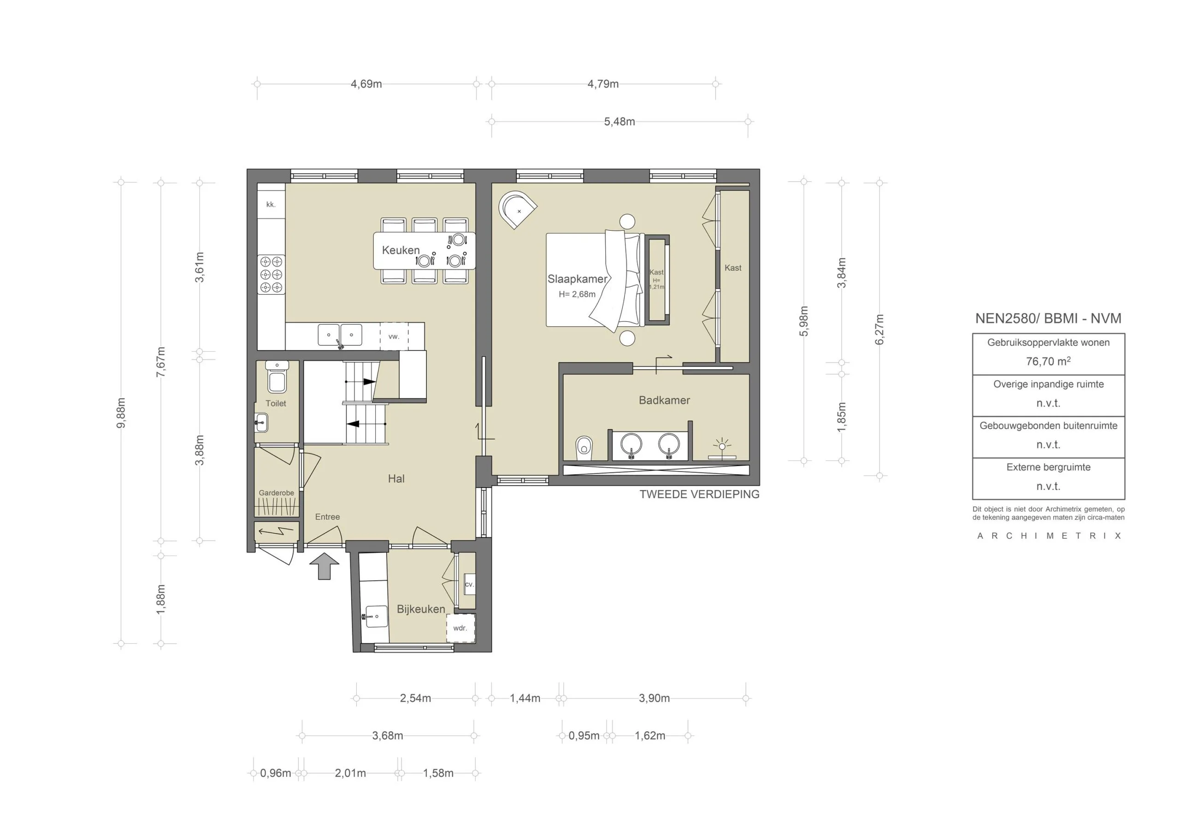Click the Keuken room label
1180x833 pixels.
tap(401, 250)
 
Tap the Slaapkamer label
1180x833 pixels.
tap(577, 279)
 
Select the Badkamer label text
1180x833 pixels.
tap(664, 400)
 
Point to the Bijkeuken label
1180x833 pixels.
tap(421, 609)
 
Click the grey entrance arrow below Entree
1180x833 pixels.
tap(324, 566)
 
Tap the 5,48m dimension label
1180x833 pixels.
tap(619, 122)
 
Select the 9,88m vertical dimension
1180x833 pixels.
tap(121, 413)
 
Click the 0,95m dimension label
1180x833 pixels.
tap(584, 735)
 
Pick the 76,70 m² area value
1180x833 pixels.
tap(1049, 361)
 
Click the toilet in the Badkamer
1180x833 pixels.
tap(584, 448)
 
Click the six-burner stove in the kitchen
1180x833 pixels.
tap(271, 275)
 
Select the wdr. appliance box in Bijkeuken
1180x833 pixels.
tap(460, 628)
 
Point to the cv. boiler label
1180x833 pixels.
tap(469, 584)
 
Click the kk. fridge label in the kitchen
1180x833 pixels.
tap(271, 204)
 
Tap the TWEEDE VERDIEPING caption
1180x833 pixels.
tap(699, 494)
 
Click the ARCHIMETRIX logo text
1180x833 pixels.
tap(1049, 536)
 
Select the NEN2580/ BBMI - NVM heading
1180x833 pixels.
tap(1049, 318)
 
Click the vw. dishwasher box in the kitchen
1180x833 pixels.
tap(394, 337)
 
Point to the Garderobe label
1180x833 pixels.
tap(277, 493)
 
